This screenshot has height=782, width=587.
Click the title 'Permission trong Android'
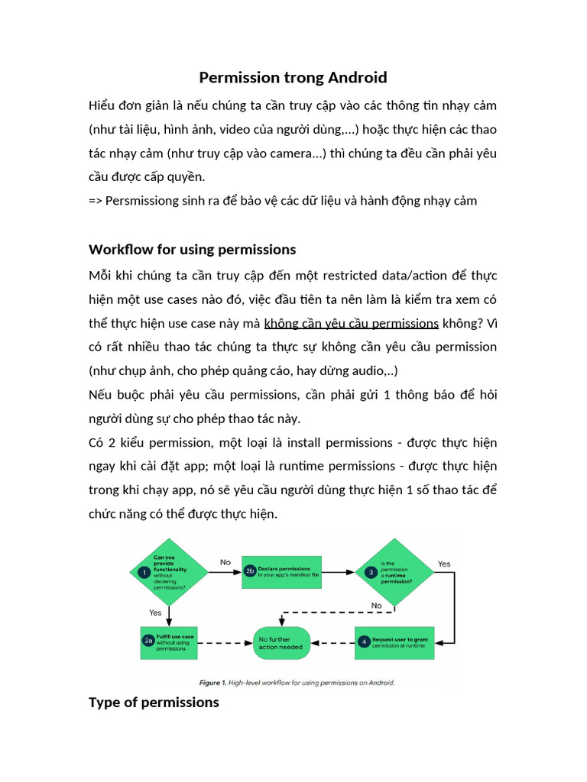click(293, 78)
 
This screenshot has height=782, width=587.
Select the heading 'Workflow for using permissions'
click(192, 250)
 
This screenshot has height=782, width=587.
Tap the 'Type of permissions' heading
click(154, 702)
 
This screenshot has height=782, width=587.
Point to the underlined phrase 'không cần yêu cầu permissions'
click(351, 322)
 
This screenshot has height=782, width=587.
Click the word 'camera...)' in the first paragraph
click(297, 153)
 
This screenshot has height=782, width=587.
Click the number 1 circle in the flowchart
click(143, 572)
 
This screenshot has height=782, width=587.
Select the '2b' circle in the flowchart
click(249, 570)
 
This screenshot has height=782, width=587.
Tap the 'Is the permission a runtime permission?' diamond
click(395, 572)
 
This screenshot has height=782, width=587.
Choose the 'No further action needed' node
click(282, 642)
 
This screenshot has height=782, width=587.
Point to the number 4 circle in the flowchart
click(364, 641)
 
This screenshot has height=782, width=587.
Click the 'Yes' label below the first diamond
click(155, 612)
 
